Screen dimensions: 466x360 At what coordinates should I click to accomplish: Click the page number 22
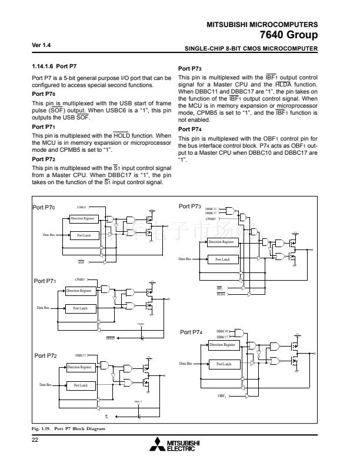coord(35,441)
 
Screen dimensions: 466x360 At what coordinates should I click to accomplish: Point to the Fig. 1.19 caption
coord(68,429)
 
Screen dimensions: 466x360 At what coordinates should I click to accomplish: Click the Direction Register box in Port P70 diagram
coord(82,218)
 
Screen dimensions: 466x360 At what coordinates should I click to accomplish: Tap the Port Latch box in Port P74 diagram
coord(223,364)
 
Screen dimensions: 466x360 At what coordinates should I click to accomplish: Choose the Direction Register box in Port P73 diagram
coord(221,242)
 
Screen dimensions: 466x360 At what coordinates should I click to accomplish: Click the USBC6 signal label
coord(82,207)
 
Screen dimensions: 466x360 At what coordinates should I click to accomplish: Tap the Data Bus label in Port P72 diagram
coord(45,385)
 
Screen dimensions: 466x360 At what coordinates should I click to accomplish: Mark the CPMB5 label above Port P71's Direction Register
coord(80,279)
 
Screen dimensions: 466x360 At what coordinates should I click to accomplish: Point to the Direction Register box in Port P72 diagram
coord(81,367)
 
